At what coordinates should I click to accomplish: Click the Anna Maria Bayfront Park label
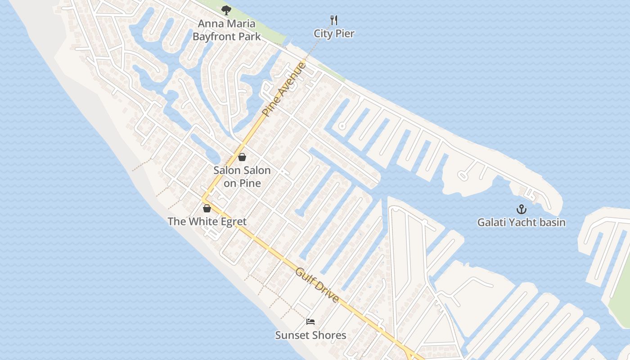(226, 30)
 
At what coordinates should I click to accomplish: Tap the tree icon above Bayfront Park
(226, 10)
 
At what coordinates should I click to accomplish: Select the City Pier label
(334, 34)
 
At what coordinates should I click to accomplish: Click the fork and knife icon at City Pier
(334, 20)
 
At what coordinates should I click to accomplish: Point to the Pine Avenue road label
(284, 90)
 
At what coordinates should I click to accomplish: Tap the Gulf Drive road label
(317, 285)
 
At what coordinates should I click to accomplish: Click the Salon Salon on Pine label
(242, 176)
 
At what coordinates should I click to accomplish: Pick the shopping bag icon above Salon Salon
(242, 157)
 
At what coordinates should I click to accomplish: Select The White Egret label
(207, 221)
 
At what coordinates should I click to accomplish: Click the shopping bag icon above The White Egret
(207, 208)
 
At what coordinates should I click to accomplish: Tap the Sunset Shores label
(310, 335)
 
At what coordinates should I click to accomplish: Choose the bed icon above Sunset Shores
(310, 322)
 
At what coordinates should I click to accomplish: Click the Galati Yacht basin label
(521, 222)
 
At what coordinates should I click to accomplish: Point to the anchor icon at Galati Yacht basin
(521, 209)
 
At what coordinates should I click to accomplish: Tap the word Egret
(232, 221)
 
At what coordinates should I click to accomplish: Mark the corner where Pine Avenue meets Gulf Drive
(203, 199)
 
